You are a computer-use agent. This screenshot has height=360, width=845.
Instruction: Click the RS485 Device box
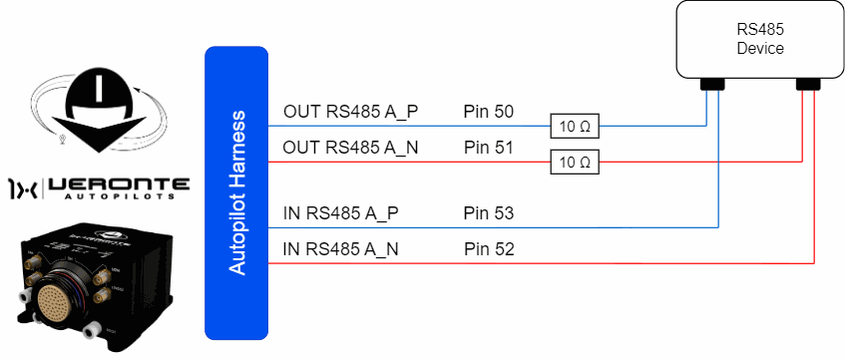point(760,39)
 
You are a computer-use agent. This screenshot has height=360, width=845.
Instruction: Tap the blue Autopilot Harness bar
point(236,192)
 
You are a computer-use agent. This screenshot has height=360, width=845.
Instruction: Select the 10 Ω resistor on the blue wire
point(575,128)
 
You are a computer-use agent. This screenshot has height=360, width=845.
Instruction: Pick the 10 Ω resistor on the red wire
point(575,162)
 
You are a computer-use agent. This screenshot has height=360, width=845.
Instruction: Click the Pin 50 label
point(489,112)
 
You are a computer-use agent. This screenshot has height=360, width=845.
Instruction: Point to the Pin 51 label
point(489,148)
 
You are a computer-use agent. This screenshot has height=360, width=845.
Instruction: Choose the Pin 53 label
point(489,214)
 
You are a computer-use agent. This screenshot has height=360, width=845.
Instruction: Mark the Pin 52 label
point(489,249)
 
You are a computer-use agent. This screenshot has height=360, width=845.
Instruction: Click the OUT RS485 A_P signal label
point(351,113)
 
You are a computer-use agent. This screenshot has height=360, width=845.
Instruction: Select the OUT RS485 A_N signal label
point(351,148)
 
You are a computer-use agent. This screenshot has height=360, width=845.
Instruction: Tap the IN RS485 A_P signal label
point(341,214)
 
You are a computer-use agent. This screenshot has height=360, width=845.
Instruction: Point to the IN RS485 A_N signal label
point(341,250)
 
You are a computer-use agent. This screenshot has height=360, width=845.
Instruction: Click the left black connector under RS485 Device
point(712,84)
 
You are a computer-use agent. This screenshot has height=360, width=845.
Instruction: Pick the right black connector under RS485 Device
point(808,84)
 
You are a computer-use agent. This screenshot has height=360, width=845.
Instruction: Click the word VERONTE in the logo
point(119,184)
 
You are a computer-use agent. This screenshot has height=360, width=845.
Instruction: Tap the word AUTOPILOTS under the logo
point(119,196)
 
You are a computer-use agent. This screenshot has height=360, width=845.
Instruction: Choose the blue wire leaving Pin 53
point(493,228)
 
